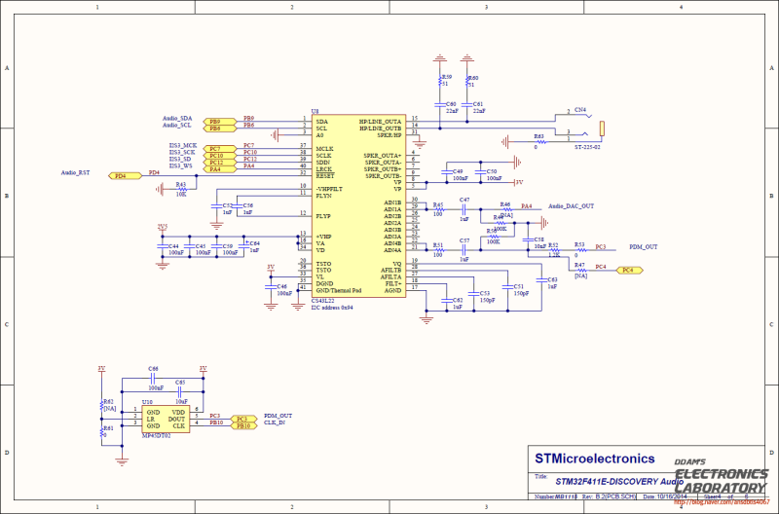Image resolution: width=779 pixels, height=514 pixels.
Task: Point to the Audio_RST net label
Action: (76, 172)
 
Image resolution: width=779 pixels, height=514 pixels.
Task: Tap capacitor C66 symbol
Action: (154, 381)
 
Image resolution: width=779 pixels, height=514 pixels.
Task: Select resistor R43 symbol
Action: (180, 189)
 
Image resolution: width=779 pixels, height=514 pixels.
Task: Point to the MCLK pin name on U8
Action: (324, 148)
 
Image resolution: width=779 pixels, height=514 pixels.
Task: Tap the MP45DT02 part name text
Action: (157, 436)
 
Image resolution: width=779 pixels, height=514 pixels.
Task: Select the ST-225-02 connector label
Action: (586, 147)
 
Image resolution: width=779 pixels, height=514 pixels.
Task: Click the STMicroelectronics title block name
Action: (594, 458)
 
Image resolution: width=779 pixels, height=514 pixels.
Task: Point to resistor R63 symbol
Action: (536, 141)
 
